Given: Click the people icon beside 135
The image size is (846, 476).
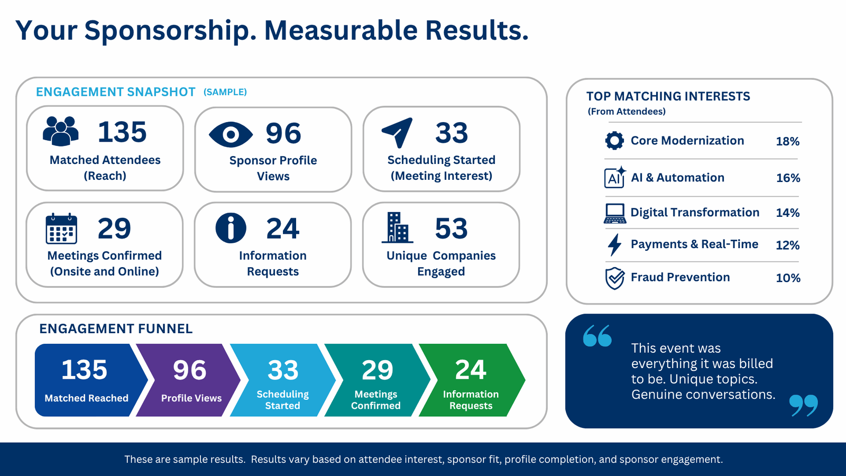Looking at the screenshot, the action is [61, 131].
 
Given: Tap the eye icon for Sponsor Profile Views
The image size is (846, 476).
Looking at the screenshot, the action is [231, 134].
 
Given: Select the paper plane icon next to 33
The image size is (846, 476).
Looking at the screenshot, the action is [398, 133].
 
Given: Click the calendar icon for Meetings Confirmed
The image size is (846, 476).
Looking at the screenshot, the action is [61, 228].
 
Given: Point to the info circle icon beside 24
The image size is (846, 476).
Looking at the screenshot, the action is [231, 228].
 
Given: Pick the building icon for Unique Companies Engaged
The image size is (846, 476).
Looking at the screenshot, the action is [397, 227].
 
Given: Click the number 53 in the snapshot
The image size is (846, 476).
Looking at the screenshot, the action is [451, 228].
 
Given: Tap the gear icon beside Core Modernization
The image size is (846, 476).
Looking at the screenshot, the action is [614, 141].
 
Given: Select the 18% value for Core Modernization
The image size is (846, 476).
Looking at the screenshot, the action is [787, 141].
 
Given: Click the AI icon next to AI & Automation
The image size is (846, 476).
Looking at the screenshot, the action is [615, 177].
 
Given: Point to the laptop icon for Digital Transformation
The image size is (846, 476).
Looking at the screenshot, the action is [615, 214].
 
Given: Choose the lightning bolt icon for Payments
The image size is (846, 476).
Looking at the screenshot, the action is [614, 245].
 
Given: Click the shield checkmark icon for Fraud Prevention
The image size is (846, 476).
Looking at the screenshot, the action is [615, 278].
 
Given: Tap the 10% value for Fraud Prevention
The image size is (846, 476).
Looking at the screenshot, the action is [788, 278].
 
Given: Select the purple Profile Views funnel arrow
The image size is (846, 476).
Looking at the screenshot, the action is [188, 380].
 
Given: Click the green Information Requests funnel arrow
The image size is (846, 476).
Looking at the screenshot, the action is [472, 380].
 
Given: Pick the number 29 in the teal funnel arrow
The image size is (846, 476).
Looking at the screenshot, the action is [378, 370].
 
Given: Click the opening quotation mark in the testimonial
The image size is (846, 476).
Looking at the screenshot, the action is [597, 335].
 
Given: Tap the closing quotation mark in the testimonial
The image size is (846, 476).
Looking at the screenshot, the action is [804, 406].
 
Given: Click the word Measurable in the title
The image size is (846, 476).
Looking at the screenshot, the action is [341, 30].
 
